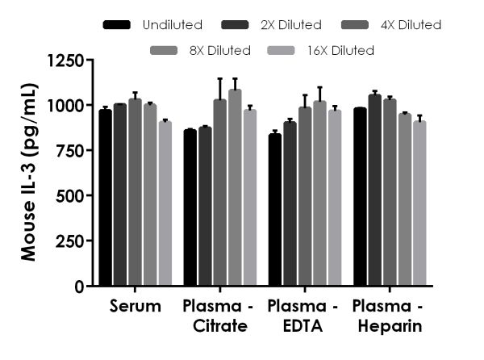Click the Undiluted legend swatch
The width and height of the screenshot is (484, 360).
coord(118,25)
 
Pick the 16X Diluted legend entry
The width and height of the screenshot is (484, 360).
coord(336,50)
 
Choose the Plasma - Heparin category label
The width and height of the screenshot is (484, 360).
coord(388,316)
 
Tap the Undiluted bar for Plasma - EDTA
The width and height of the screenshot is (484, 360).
coord(275,210)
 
